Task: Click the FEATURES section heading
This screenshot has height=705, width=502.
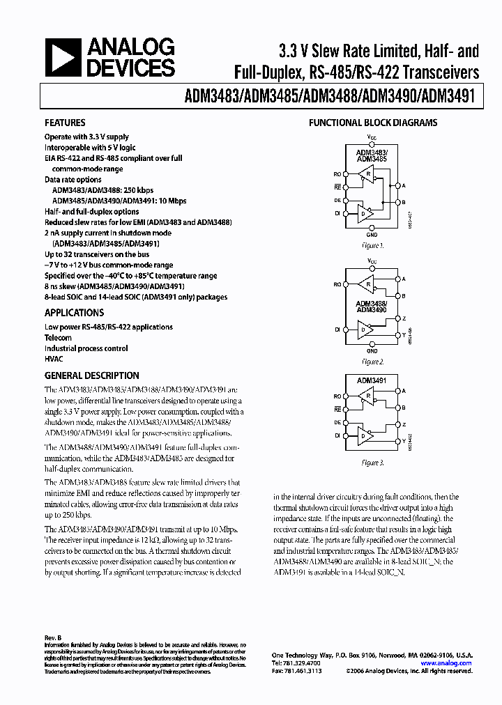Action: coord(65,123)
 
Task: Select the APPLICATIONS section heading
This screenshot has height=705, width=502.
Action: coord(74,313)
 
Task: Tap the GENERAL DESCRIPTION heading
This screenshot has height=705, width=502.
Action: coord(91,375)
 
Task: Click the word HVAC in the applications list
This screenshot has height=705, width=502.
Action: coord(54,359)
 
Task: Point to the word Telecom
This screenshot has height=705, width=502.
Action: coord(59,337)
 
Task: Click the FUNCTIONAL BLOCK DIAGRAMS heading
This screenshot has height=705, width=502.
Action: coord(373,123)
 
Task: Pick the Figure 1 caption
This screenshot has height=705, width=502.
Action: coord(372,246)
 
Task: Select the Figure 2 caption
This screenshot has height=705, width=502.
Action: coord(372,362)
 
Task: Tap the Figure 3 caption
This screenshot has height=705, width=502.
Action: coord(372,463)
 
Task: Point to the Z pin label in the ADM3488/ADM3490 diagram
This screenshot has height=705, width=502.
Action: coord(404,318)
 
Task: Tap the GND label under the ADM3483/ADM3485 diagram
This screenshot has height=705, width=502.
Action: coord(372,235)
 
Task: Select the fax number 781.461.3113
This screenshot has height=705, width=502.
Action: coord(298,672)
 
